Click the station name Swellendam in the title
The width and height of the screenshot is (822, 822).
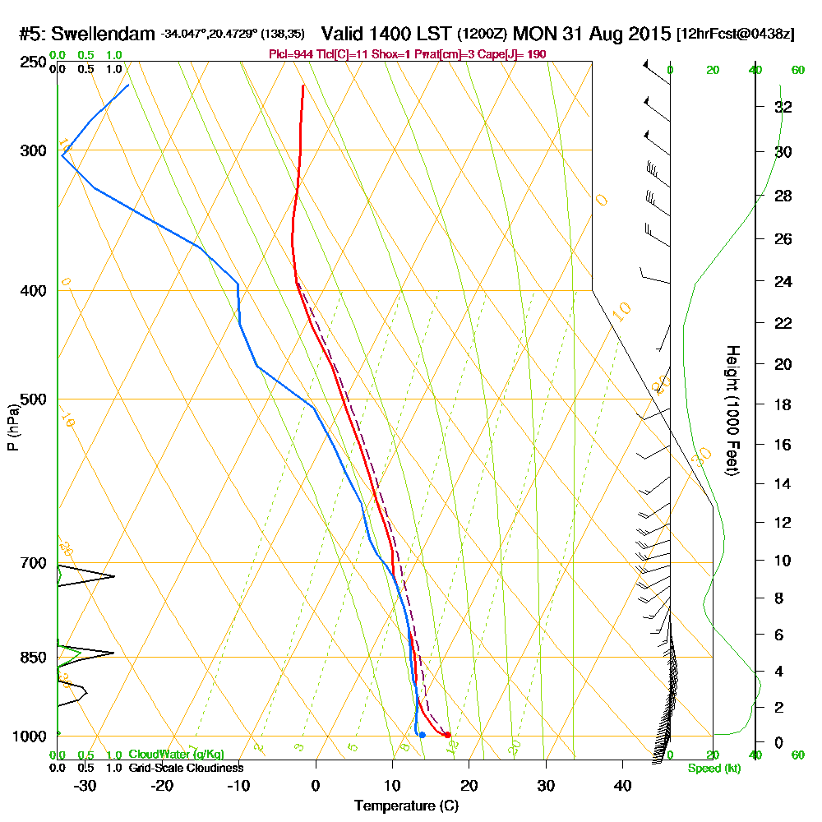[104, 35]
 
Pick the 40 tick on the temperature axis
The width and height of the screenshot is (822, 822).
[622, 784]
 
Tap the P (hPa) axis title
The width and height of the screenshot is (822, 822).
[12, 427]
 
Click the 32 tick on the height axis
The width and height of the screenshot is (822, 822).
[783, 107]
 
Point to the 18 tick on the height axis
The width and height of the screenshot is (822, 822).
[783, 404]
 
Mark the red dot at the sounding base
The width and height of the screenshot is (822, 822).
[447, 735]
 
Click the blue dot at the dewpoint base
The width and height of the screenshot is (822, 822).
[422, 735]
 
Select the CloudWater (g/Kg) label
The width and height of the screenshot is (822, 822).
[176, 755]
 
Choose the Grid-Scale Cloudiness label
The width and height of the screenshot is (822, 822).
[186, 768]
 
